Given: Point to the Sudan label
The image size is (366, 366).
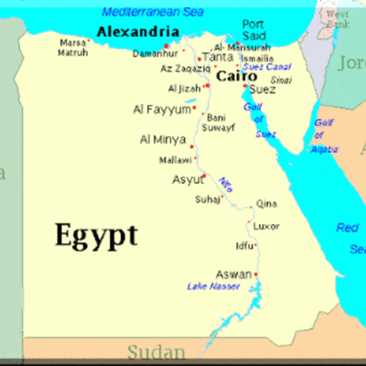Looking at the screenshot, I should click(156, 351).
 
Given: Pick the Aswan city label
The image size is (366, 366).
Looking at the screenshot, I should click(233, 274).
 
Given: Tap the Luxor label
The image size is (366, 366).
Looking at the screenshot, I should click(266, 225).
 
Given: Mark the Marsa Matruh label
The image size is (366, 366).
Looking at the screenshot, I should click(73, 47).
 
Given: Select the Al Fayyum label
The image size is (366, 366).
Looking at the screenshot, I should click(162, 110).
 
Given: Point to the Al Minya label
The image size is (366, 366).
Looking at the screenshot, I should click(163, 139).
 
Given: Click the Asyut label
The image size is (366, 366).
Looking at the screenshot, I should click(188, 179).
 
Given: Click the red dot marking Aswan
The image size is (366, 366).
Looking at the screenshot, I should click(257, 274).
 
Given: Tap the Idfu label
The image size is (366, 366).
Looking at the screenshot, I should click(245, 245).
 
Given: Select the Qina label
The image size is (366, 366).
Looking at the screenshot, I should click(265, 204).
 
